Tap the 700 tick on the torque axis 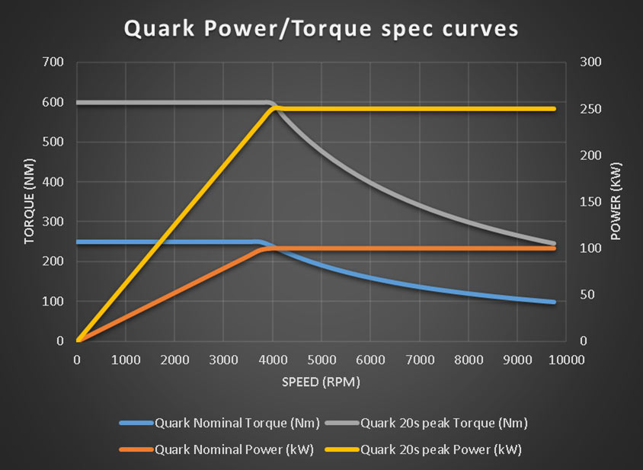point(54,62)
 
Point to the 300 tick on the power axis point(590,62)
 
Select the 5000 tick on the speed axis point(321,359)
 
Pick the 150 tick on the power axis point(590,202)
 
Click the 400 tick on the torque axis point(54,182)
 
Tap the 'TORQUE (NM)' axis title point(30,201)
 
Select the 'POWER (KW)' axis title point(616,201)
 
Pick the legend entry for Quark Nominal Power point(211,449)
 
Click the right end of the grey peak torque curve point(553,244)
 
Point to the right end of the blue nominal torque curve point(553,302)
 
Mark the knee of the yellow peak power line point(274,109)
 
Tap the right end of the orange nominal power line point(553,248)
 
